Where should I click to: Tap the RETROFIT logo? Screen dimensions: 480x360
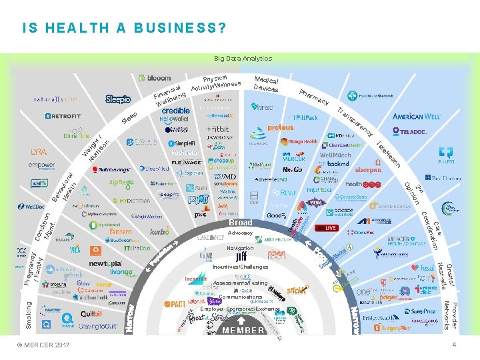point(63,116)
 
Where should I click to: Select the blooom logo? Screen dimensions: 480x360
point(155,79)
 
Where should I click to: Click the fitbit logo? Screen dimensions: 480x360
point(218,129)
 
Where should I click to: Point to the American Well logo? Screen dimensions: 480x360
point(417,117)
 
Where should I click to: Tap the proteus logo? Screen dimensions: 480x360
point(281,128)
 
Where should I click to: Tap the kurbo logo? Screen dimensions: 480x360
point(160,231)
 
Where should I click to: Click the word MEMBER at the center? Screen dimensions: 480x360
point(243,330)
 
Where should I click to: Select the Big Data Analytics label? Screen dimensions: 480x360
point(243,59)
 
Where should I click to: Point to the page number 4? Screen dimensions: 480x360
point(454,345)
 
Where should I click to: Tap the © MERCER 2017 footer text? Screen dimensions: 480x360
point(44,345)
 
